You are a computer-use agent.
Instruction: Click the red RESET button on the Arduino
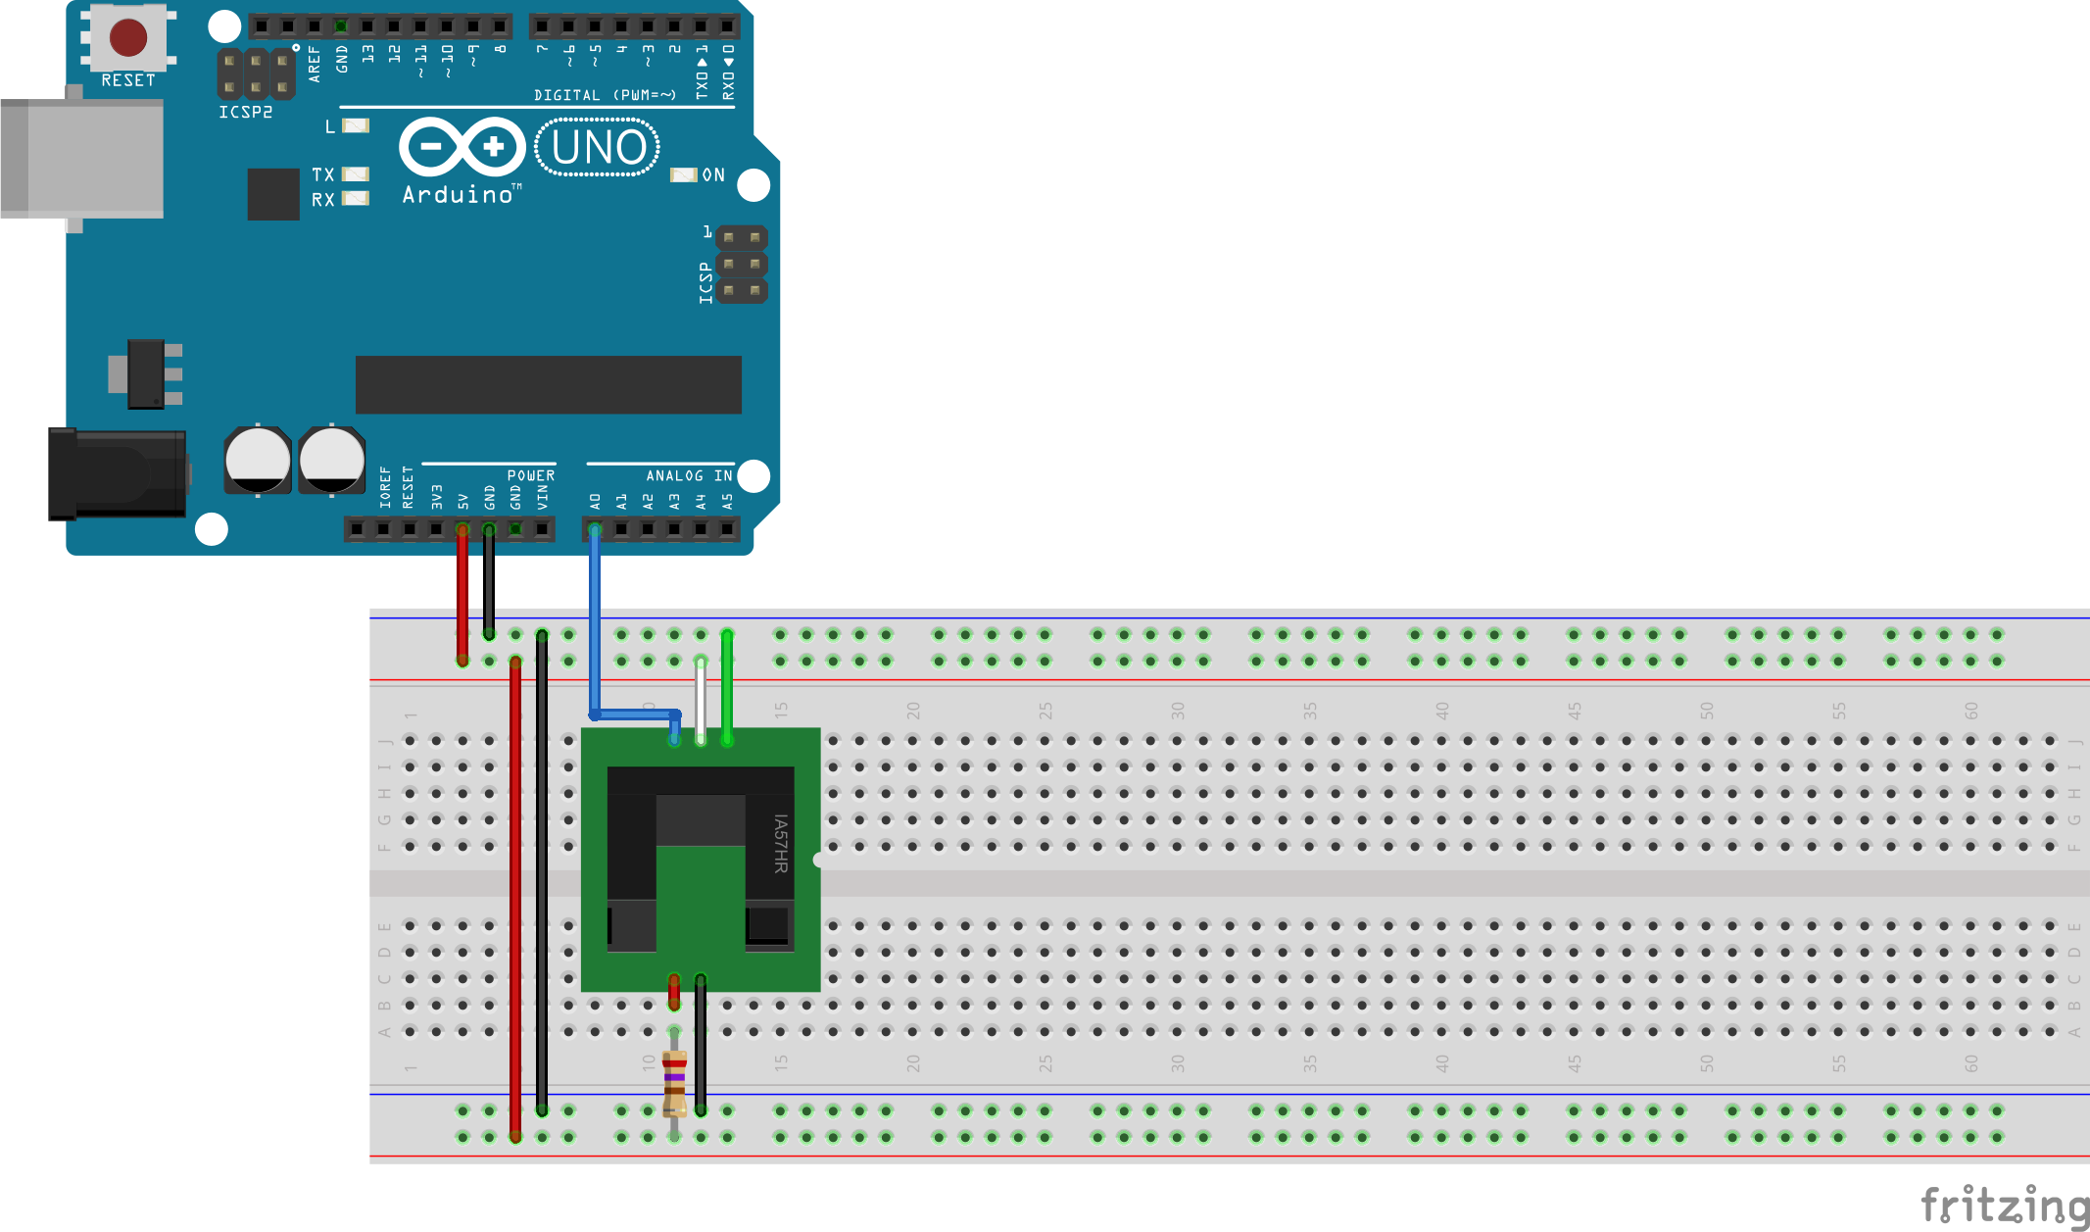coord(128,37)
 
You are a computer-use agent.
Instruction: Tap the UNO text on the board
coord(599,148)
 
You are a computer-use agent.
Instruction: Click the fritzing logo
coord(2004,1205)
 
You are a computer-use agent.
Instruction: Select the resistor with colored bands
coord(674,1082)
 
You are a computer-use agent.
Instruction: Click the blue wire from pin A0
coord(595,627)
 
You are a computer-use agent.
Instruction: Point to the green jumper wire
coord(727,686)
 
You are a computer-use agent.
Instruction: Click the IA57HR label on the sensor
coord(781,844)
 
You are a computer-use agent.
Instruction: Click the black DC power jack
coord(118,474)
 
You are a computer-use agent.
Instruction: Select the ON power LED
coord(683,174)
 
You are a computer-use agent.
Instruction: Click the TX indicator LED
coord(356,174)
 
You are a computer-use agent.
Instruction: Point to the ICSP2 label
coord(245,113)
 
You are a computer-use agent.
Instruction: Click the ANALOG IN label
coord(689,475)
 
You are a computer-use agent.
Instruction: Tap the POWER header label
coord(530,475)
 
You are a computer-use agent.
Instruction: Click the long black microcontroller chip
coord(548,384)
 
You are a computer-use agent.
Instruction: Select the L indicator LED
coord(356,125)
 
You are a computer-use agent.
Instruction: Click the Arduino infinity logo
coord(462,147)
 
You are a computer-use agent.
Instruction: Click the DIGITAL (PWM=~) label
coord(605,95)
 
